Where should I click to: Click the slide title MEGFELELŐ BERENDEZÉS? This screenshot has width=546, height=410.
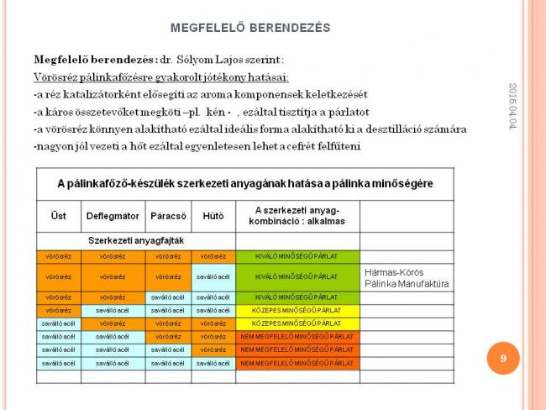(x=249, y=28)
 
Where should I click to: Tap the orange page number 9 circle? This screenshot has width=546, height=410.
(x=503, y=359)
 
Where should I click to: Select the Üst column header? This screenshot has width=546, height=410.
(x=59, y=216)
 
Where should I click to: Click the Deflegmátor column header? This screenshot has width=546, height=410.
(x=113, y=216)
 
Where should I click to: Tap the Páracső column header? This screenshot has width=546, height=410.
(x=168, y=216)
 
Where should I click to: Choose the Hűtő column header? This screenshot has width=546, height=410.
(x=213, y=216)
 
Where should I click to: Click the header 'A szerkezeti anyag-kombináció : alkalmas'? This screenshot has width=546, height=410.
(x=297, y=215)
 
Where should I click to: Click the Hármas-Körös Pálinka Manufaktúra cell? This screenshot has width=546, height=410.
(x=407, y=277)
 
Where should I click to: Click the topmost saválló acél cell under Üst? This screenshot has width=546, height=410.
(x=59, y=323)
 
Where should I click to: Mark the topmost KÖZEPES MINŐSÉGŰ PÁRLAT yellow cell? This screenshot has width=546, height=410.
(x=297, y=310)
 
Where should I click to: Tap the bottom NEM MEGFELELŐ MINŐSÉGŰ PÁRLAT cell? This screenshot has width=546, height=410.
(x=297, y=362)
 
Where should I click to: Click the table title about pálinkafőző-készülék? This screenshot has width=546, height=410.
(x=244, y=182)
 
